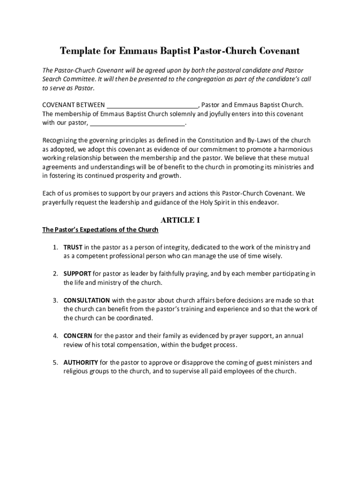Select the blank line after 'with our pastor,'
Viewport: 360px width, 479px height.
point(137,123)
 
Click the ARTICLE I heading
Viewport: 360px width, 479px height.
point(180,220)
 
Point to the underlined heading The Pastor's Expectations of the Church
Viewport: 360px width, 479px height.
point(101,230)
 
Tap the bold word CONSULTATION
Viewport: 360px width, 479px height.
point(87,300)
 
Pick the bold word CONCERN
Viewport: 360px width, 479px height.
point(78,336)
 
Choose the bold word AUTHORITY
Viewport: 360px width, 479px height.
point(81,363)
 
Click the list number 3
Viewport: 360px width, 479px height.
point(55,300)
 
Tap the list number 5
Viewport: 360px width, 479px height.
point(55,363)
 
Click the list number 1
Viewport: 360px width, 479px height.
point(55,247)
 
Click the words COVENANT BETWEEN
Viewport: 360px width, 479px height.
point(73,105)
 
